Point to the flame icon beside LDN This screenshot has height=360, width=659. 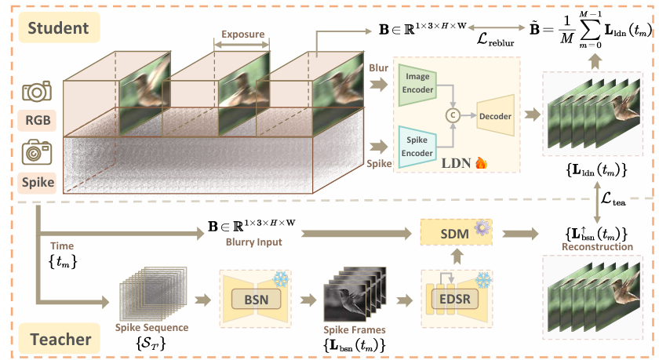coord(482,164)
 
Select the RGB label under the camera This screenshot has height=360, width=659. coord(37,122)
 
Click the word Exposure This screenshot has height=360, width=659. coord(242,35)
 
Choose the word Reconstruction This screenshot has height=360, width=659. coord(599,246)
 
